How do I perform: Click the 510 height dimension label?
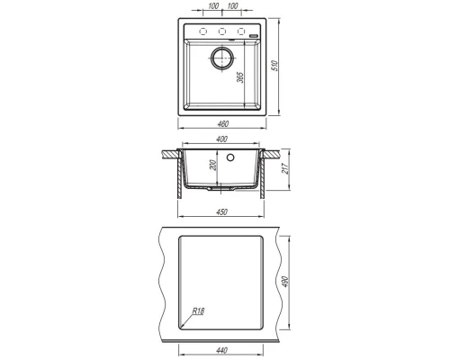coord(274,66)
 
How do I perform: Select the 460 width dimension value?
coord(222,123)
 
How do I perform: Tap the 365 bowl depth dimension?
coord(240,77)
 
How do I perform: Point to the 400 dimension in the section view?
coord(221,139)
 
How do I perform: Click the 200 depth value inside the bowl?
coord(212,166)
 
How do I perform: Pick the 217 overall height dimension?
coord(285,168)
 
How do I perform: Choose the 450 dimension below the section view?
coord(221,211)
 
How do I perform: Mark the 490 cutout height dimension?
coord(285,282)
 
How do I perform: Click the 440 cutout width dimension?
coord(221,350)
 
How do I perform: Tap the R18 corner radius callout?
coord(198,311)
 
